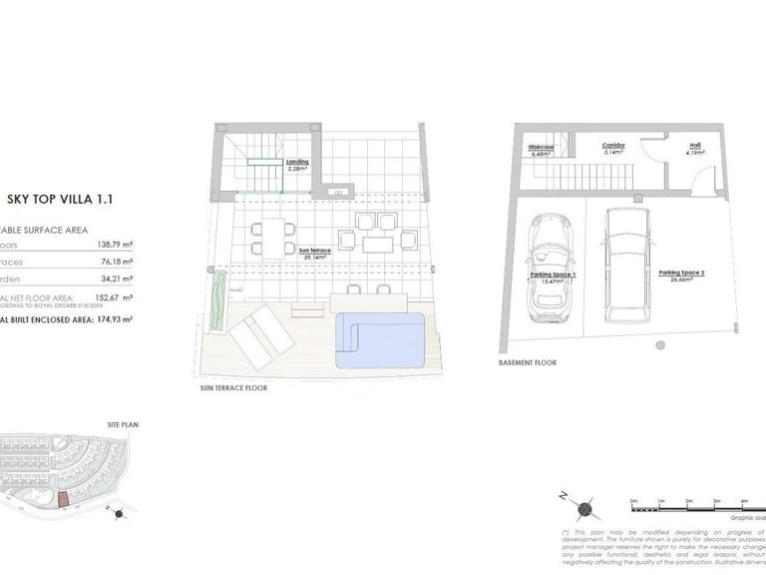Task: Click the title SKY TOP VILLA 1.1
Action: coord(60,199)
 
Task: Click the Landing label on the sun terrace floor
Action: coord(296,164)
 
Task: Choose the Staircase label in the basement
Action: coord(542,151)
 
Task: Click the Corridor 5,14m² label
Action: coord(613,149)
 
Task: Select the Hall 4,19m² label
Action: coord(695,149)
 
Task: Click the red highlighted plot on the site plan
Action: coord(61,499)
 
